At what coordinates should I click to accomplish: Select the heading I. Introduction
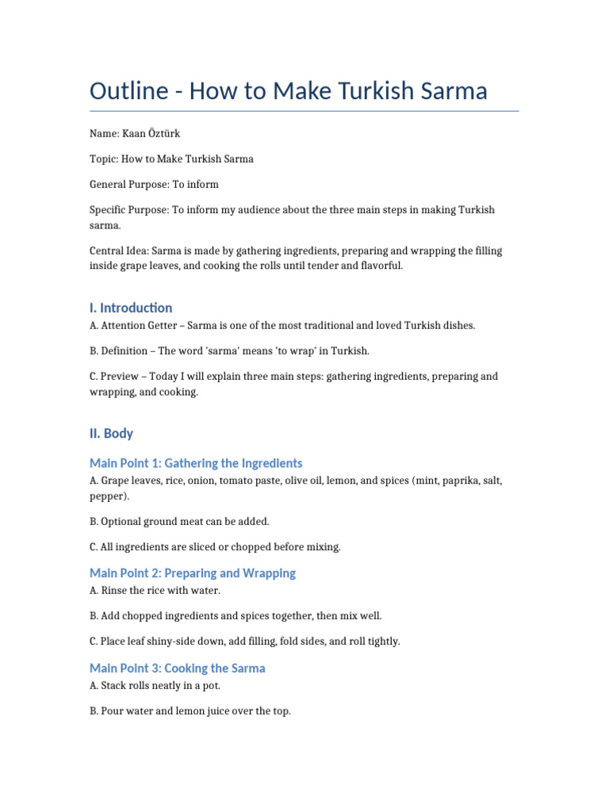131,308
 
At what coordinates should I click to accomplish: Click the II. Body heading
111,434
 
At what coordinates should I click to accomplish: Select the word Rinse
113,591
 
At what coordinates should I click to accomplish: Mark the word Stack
113,686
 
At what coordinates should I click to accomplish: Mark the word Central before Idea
108,251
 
